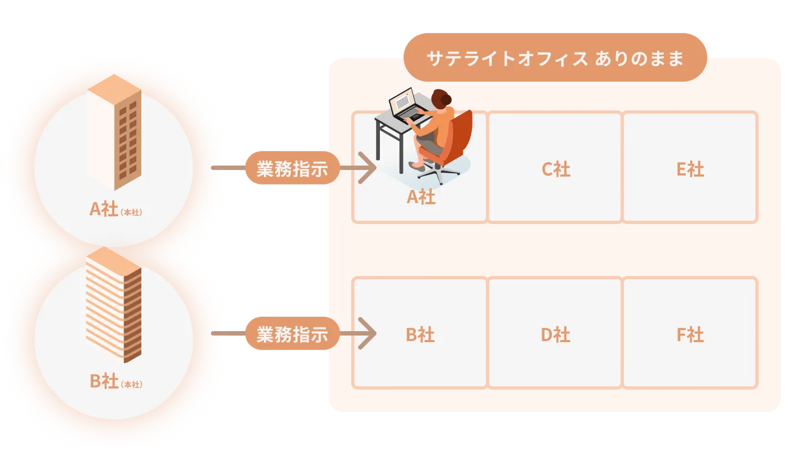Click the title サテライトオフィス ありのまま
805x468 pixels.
click(555, 58)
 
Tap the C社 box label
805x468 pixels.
click(555, 169)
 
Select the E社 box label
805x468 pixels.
click(690, 169)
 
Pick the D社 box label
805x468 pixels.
click(555, 334)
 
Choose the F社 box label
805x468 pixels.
click(690, 334)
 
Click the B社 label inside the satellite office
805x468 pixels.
click(420, 334)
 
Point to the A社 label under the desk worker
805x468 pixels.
click(421, 197)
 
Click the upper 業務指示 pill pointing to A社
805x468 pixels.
click(292, 168)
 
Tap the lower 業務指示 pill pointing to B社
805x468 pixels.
click(292, 334)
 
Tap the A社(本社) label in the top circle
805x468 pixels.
click(115, 210)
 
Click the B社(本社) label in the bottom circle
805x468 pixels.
click(115, 381)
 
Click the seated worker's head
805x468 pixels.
click(441, 99)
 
